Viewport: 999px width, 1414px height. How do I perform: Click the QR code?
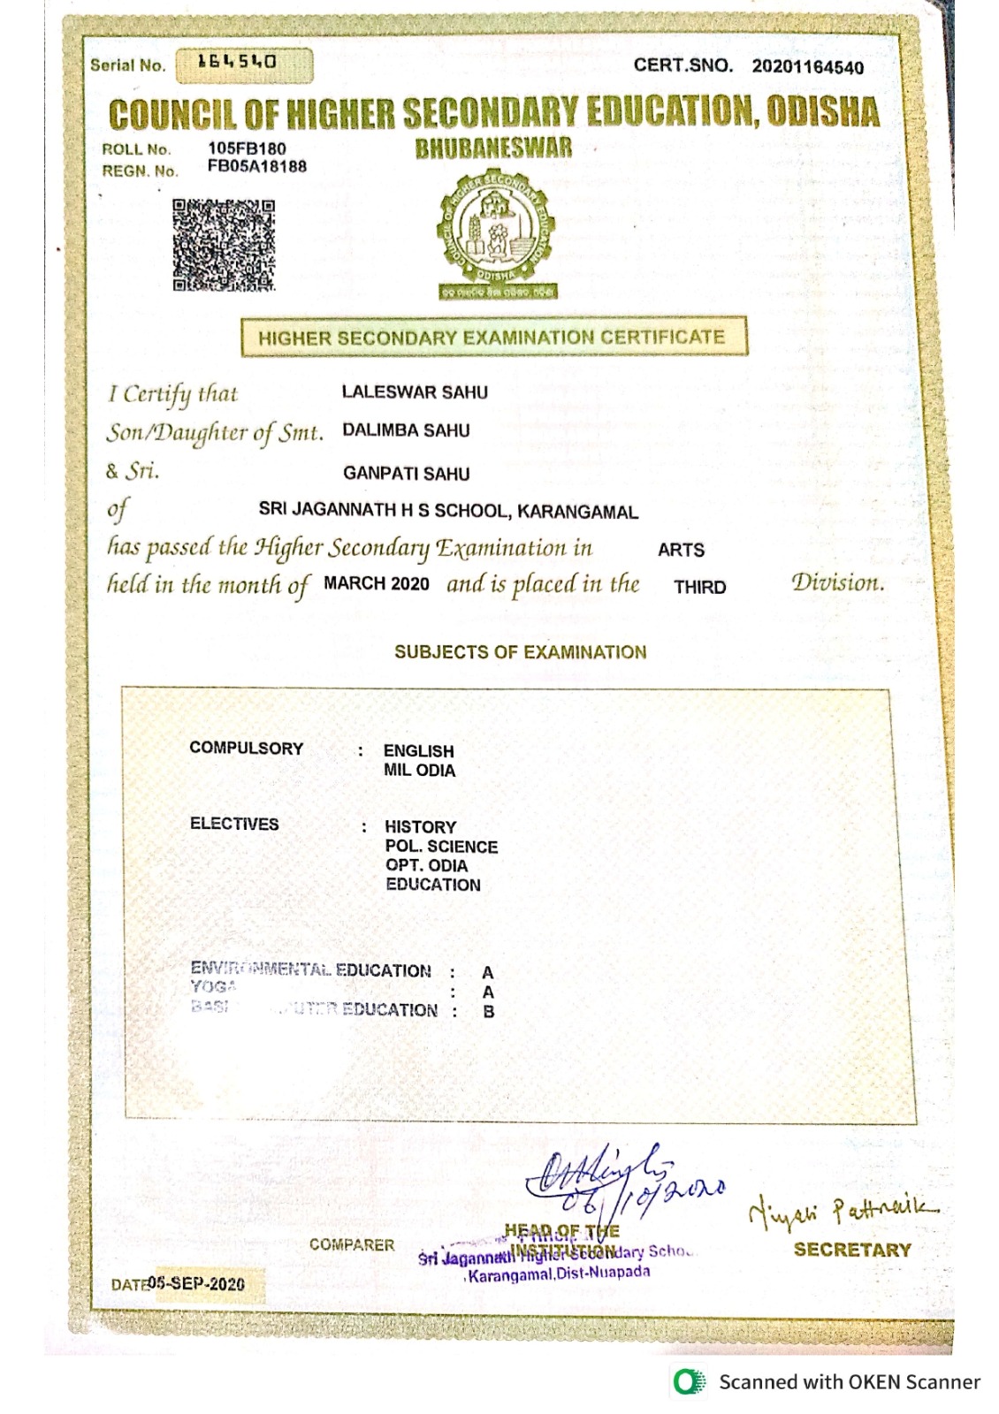223,245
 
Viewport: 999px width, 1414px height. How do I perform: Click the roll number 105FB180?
247,148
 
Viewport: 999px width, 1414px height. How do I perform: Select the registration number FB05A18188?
257,166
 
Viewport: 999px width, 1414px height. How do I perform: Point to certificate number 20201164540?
807,67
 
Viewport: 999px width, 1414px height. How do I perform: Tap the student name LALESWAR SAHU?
415,392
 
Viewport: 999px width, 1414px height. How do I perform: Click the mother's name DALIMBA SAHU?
406,430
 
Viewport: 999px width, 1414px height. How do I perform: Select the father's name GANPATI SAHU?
406,474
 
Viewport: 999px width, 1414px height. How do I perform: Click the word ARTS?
681,550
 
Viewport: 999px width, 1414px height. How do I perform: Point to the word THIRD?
699,588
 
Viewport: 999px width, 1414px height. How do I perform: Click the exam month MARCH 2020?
377,584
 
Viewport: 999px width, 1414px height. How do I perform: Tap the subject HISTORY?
420,827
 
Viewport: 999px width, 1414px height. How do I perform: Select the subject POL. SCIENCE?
441,847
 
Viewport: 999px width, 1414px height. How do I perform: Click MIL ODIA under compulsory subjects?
419,771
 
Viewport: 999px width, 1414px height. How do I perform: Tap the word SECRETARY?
852,1250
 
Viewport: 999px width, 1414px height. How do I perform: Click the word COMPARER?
352,1244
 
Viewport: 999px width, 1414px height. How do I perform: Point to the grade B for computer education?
489,1011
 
